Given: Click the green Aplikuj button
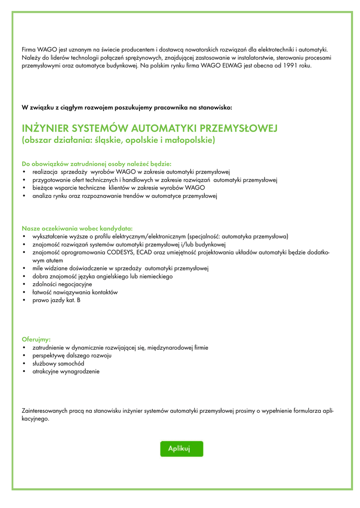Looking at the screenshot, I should pos(181,448).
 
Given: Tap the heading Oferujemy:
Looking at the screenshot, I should pos(36,339).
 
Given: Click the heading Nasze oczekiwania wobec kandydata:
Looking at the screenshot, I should pos(77,228).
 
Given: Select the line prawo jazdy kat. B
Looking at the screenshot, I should pos(56,301).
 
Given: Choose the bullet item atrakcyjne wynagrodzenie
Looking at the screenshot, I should pos(66,372).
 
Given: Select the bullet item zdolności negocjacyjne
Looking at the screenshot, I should pos(62,284).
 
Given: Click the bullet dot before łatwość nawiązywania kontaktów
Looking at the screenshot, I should pos(24,293).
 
